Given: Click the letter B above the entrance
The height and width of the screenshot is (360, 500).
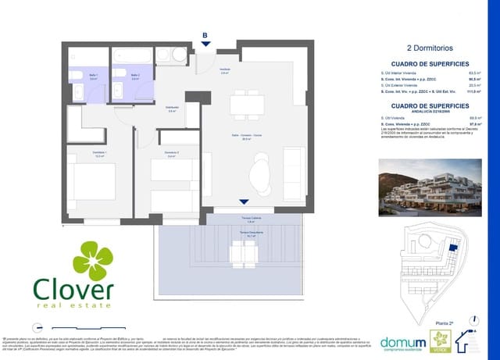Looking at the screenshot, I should pos(205,35).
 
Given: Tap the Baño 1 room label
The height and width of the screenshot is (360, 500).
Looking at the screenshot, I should pos(93,77).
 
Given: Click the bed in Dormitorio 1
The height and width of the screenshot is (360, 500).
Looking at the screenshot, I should pos(93,184).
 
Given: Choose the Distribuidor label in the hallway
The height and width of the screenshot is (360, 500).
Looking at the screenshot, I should pos(171,109).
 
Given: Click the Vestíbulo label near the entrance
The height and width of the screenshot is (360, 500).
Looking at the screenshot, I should pos(224,70).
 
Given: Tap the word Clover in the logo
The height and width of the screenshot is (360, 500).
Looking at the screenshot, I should pos(73,289).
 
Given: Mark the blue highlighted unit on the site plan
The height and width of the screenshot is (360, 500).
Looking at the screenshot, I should pos(452,248).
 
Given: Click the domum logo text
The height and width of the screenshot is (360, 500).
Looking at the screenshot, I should pos(403,343).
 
